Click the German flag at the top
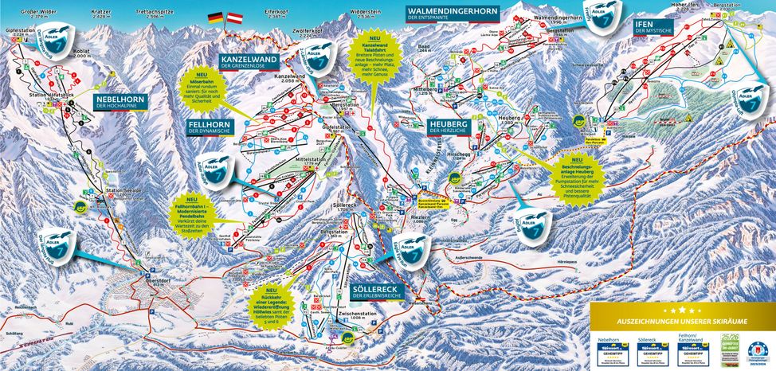pyautogui.click(x=215, y=17)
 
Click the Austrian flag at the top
pyautogui.click(x=234, y=17)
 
